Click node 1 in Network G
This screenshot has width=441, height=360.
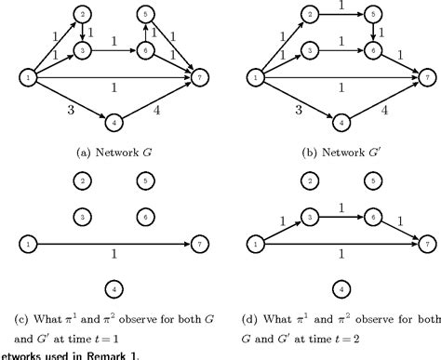coord(30,80)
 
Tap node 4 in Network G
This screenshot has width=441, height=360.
coord(114,122)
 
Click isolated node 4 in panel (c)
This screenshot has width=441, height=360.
coord(114,287)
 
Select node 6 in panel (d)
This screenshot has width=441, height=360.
coord(373,213)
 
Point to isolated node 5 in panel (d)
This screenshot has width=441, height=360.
coord(373,180)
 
